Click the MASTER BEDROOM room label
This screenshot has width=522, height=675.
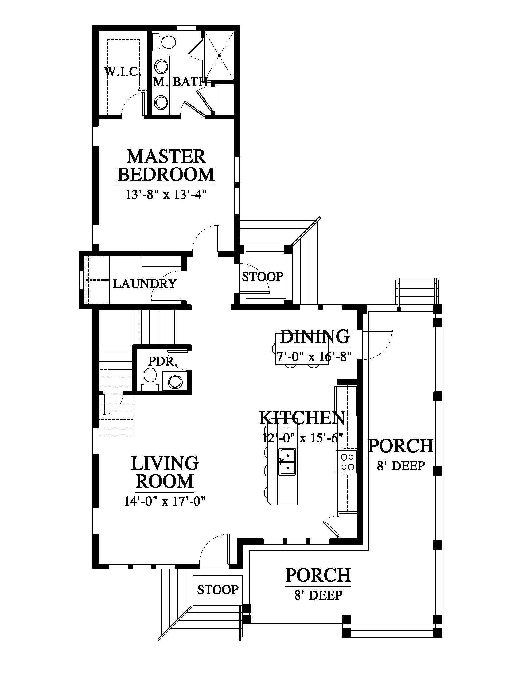tap(166, 165)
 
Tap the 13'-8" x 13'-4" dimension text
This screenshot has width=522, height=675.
tap(166, 195)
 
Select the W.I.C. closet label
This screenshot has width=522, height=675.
tap(123, 72)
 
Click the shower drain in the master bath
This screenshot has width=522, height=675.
tap(219, 56)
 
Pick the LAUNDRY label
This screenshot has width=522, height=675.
tap(145, 283)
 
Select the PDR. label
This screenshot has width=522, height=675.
tap(162, 361)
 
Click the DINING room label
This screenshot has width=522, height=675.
tap(314, 336)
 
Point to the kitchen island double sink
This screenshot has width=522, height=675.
tap(287, 462)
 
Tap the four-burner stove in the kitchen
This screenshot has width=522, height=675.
tap(346, 462)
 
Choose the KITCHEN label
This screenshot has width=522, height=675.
tap(302, 418)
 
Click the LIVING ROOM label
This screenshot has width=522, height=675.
tap(165, 472)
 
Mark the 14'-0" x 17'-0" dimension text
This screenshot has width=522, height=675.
tap(165, 501)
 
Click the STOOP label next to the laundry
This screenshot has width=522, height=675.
tap(263, 277)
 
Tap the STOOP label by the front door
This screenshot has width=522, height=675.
tap(218, 590)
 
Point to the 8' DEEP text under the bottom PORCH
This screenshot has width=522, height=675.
tap(318, 595)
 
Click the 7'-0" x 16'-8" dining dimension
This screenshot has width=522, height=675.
tap(314, 357)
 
